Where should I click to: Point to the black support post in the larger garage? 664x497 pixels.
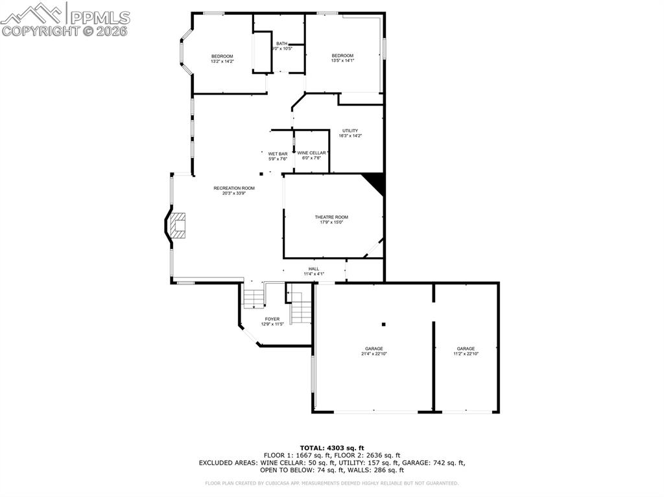point(384,324)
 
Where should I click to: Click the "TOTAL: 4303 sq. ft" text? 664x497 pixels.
point(331,448)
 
